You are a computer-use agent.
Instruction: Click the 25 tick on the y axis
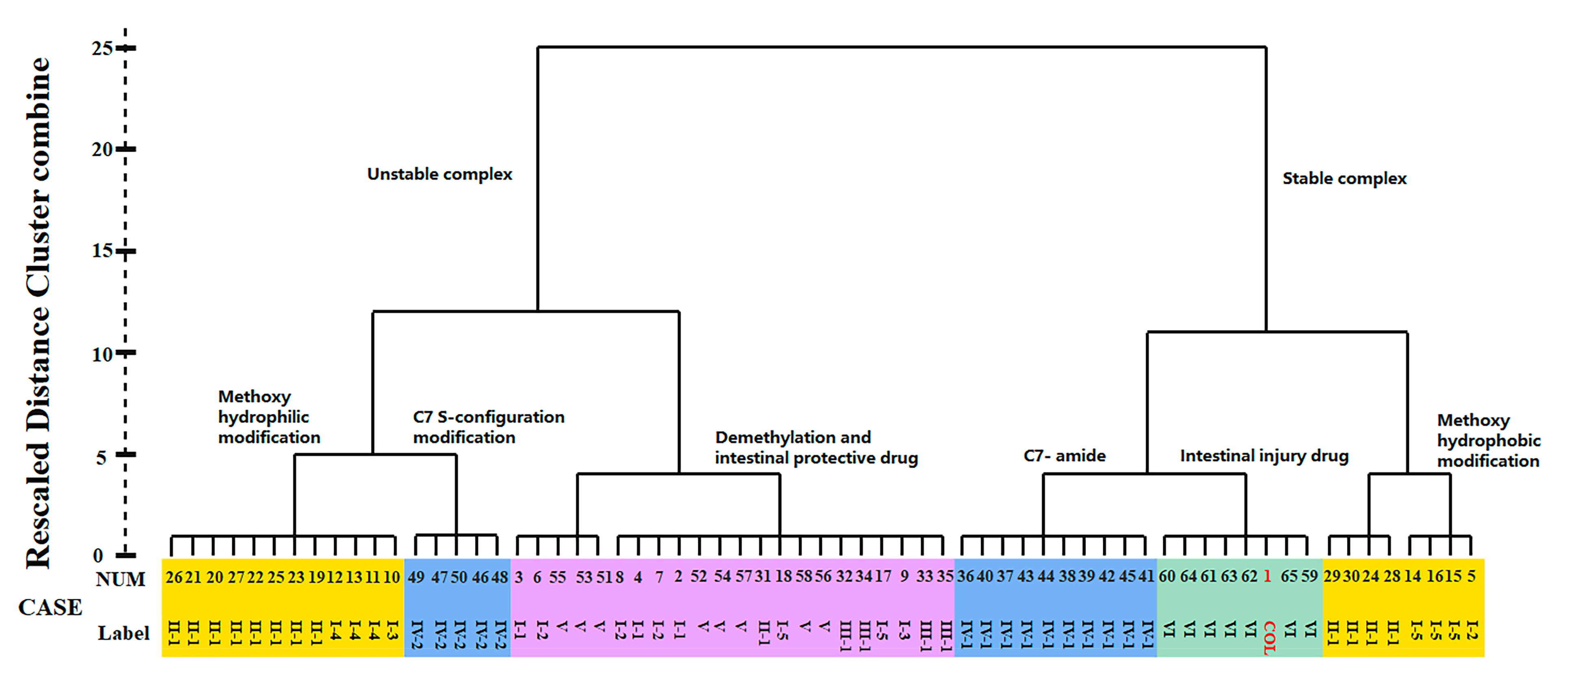[126, 48]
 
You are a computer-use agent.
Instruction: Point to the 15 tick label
[102, 250]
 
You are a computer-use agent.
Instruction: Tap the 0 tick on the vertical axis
[126, 555]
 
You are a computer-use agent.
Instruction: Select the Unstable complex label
[439, 174]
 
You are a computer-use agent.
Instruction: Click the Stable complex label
[1344, 179]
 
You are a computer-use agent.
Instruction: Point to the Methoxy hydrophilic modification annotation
[269, 417]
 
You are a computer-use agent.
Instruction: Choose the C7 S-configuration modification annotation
[489, 427]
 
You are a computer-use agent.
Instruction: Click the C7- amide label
[1064, 456]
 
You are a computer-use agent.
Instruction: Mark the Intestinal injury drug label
[1264, 456]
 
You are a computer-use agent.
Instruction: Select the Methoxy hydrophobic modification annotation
[1488, 440]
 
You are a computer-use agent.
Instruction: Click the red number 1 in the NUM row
[1267, 576]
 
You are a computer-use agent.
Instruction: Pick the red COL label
[1269, 637]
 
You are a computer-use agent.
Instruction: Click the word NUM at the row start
[121, 579]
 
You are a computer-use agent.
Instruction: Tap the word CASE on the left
[50, 607]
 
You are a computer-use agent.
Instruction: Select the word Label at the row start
[124, 634]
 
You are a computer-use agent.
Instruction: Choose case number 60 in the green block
[1167, 576]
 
